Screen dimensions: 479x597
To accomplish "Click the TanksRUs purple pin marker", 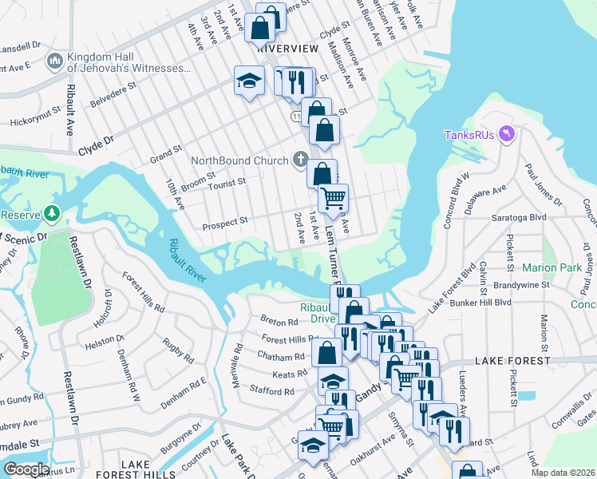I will [504, 133].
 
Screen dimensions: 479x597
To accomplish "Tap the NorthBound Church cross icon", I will [300, 160].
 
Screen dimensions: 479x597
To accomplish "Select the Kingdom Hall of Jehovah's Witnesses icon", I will [55, 61].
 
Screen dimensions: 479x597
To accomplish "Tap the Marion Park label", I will [552, 267].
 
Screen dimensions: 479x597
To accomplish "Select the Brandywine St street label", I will [523, 283].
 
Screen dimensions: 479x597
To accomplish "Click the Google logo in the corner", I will [26, 469].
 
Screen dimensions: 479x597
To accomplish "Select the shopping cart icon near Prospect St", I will [333, 196].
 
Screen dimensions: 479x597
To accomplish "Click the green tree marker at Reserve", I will [52, 214].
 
